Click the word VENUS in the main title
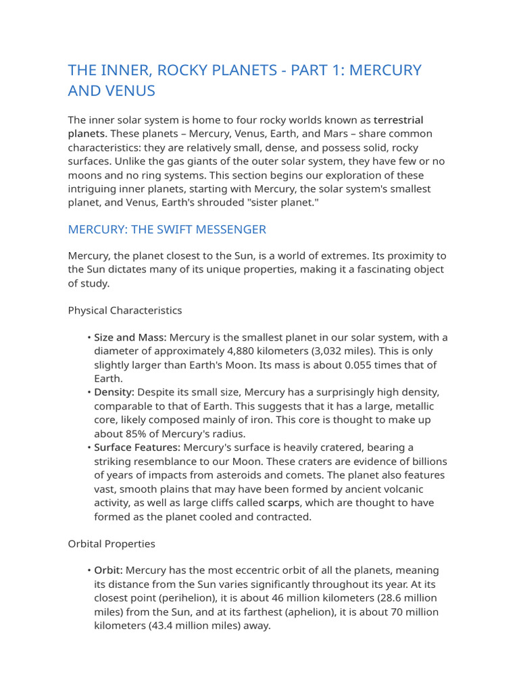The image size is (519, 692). (x=132, y=90)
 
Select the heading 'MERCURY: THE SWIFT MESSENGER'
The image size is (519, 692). (x=167, y=230)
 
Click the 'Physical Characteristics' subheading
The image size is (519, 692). (x=125, y=311)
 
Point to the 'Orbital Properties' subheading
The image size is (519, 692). (x=112, y=543)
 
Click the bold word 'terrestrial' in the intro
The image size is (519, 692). (x=399, y=120)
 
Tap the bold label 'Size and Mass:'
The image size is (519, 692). (x=130, y=338)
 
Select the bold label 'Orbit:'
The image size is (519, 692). (x=108, y=571)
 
